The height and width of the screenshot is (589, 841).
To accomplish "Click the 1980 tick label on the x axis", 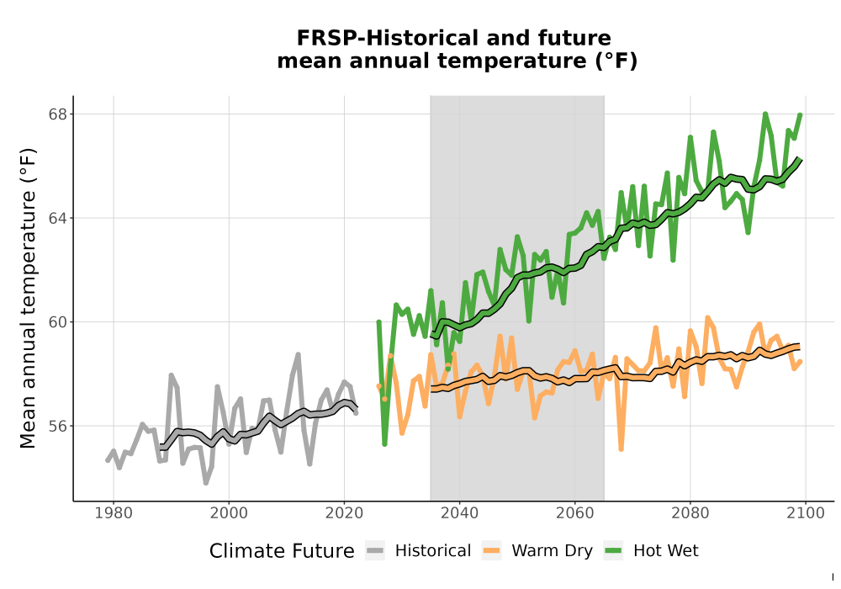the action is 114,513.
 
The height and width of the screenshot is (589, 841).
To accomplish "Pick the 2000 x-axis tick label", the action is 229,513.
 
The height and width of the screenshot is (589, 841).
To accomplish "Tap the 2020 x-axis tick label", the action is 344,513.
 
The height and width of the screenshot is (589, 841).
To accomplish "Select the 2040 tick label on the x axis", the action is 460,513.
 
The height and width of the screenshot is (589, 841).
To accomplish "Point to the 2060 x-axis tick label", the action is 575,513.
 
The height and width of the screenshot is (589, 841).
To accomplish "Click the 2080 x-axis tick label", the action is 690,513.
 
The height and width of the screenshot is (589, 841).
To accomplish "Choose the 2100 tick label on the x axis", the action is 806,513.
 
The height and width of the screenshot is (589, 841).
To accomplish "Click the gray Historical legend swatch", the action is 375,551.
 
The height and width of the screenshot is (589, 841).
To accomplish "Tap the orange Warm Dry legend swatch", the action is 491,551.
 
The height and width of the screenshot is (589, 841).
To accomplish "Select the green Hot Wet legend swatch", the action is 613,551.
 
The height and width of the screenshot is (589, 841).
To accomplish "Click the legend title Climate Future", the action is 282,551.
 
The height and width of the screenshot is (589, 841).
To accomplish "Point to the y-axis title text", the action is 28,298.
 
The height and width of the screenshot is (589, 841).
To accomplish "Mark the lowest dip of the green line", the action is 384,444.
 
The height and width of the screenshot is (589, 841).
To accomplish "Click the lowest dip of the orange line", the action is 621,449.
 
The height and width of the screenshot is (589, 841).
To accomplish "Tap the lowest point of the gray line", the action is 206,483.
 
